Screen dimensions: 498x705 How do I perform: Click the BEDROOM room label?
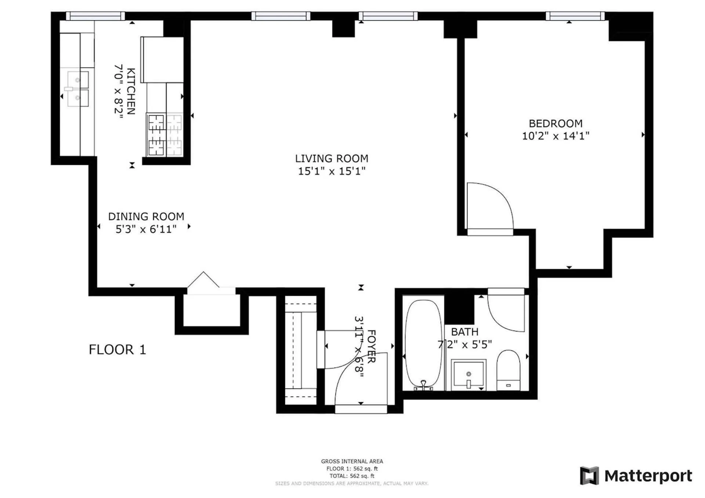[555, 123]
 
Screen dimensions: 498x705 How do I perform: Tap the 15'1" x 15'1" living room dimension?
[332, 171]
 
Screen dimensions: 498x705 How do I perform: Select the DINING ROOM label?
[146, 217]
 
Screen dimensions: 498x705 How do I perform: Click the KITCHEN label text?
[131, 91]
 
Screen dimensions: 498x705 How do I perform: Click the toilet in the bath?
[509, 370]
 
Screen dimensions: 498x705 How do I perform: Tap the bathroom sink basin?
[469, 374]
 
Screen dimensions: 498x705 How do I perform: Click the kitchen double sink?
[77, 88]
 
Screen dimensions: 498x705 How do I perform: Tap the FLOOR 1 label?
[117, 349]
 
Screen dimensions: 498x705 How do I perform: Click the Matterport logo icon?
[589, 476]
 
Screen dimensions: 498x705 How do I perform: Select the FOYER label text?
[371, 346]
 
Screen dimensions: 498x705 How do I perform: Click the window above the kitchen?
[95, 16]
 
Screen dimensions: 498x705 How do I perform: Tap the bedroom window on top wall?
[575, 16]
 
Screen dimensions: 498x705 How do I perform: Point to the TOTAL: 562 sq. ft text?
[352, 476]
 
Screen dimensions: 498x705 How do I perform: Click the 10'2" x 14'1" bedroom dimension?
[555, 136]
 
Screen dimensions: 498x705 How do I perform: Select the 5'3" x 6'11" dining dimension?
[146, 229]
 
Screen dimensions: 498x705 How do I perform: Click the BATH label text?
[464, 332]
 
